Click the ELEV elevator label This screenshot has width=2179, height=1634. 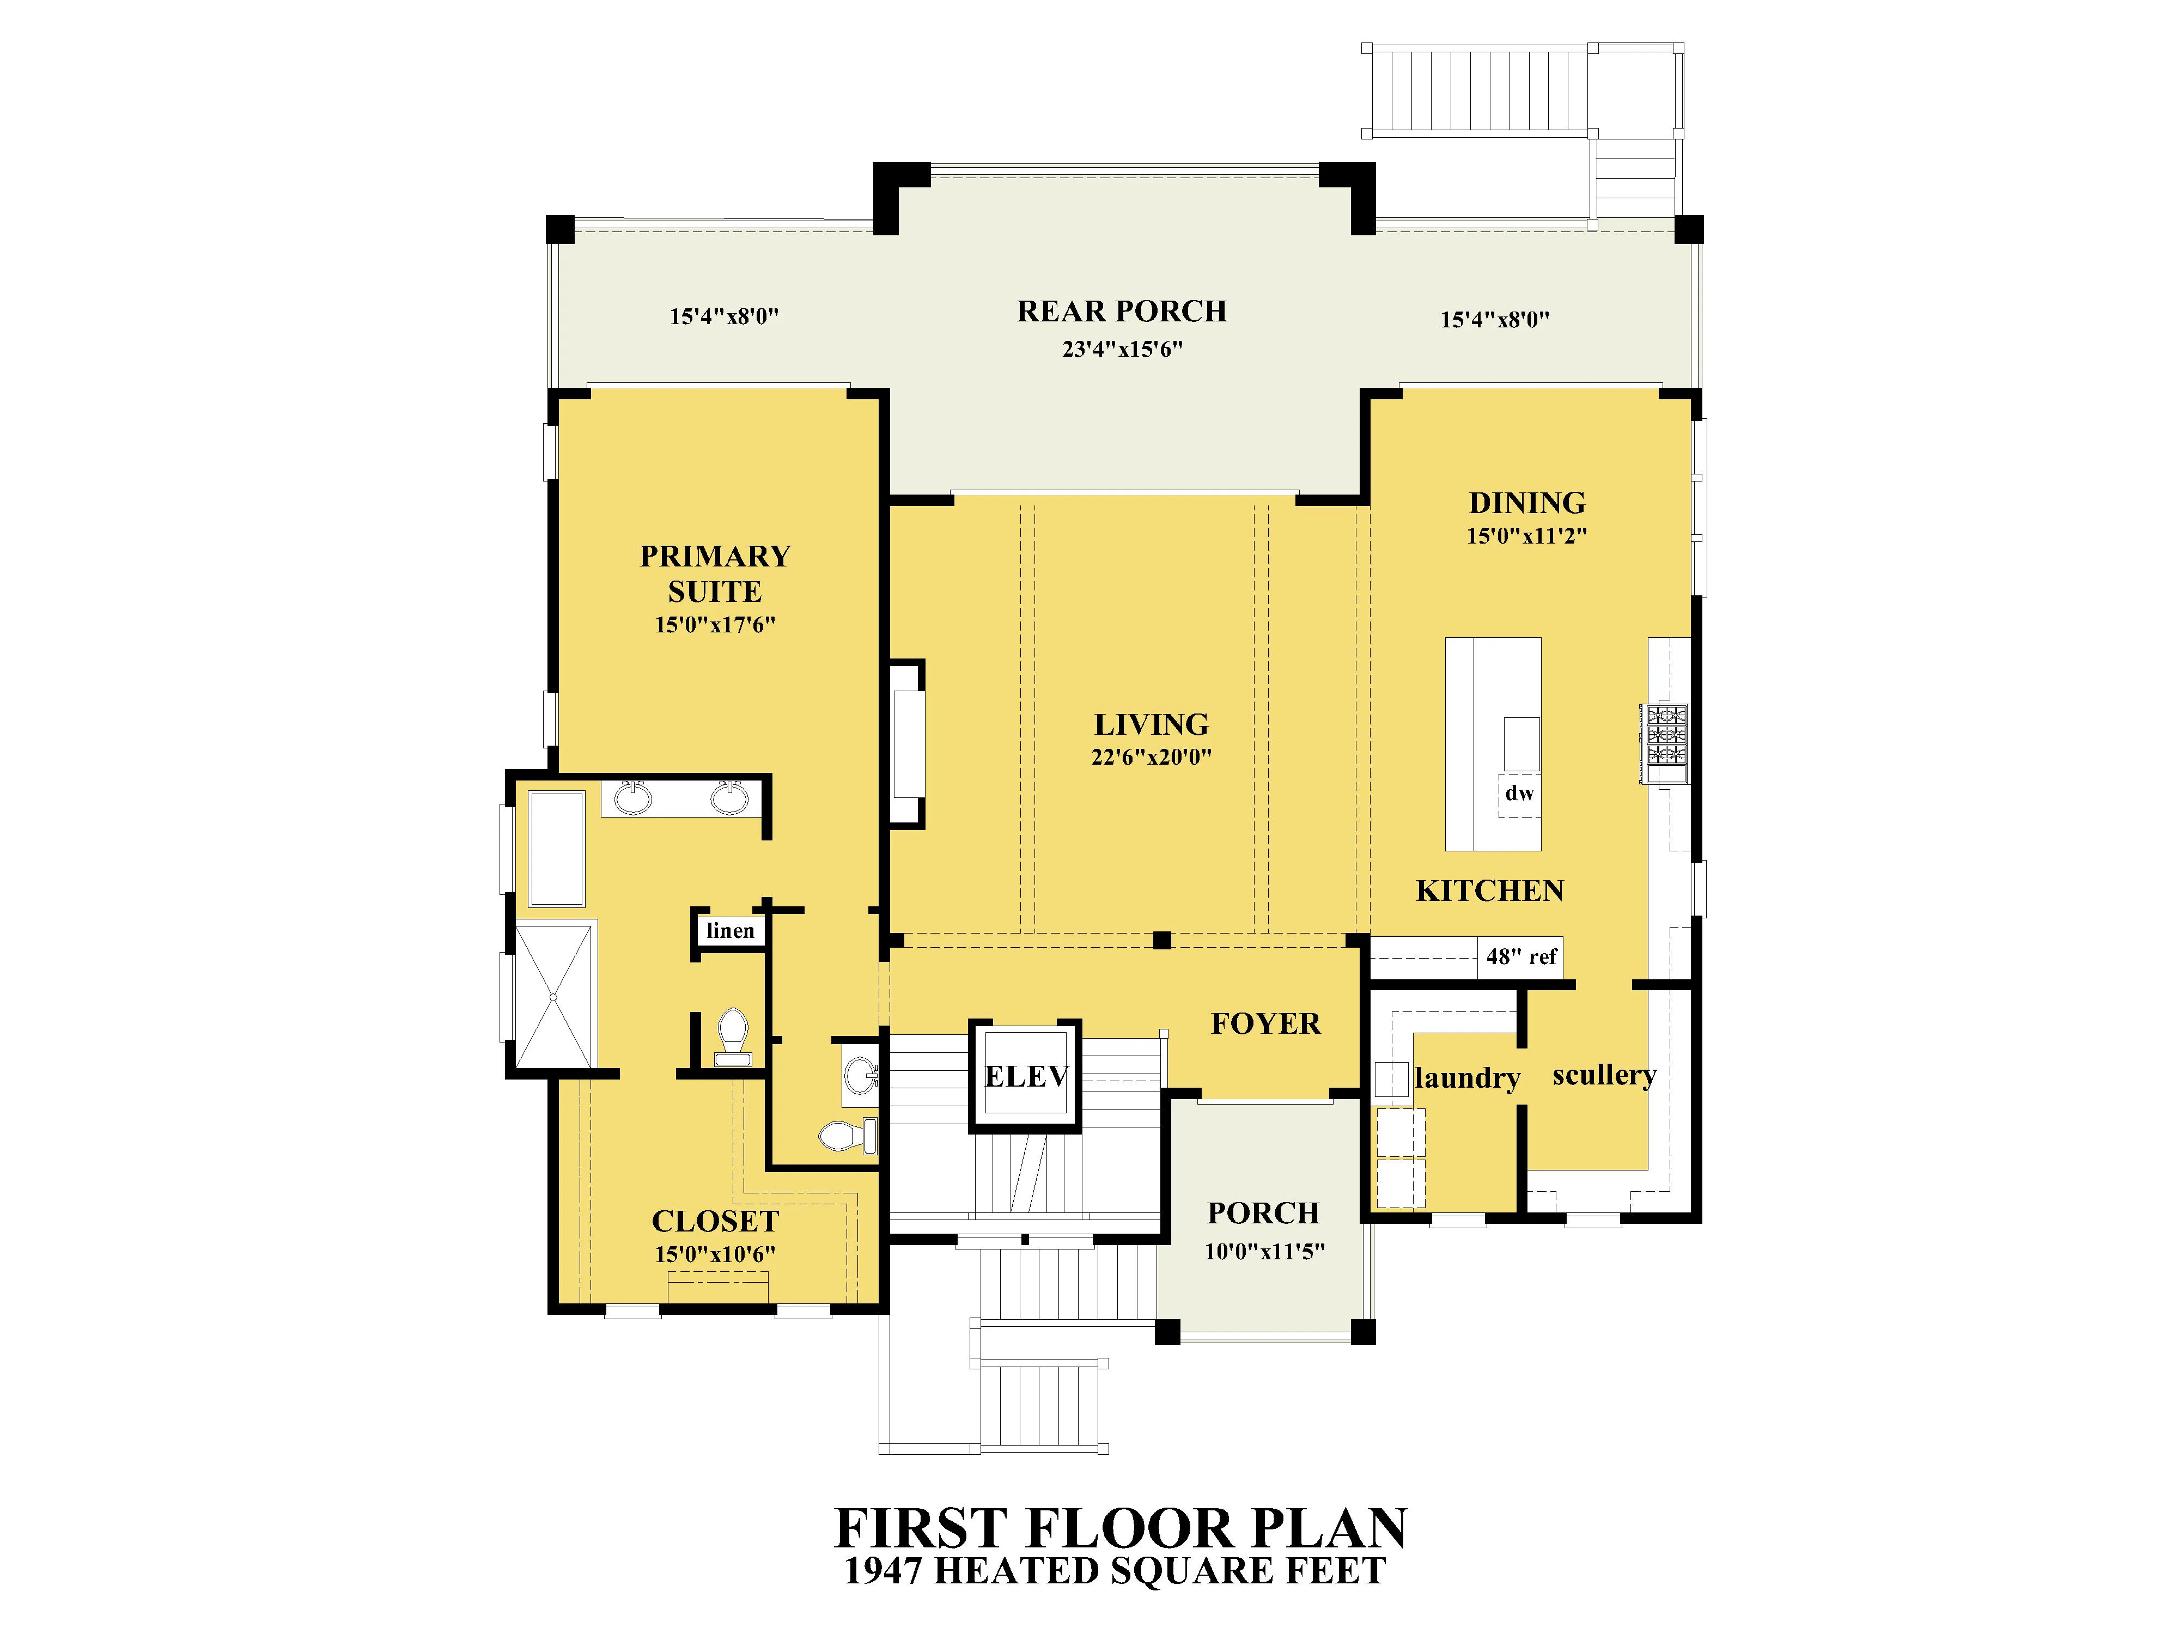tap(1026, 1076)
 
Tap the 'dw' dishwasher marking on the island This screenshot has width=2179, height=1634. tap(1519, 793)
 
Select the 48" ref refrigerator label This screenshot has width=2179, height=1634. tap(1522, 956)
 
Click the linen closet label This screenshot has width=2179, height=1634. tap(730, 931)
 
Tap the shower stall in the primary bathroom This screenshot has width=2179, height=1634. tap(555, 997)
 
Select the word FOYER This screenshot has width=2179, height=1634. tap(1266, 1025)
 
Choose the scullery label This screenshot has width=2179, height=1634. tap(1605, 1076)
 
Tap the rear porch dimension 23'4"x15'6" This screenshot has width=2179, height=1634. tap(1122, 350)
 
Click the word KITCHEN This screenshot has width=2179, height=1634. tap(1489, 892)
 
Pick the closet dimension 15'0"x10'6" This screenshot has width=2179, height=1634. tap(715, 1255)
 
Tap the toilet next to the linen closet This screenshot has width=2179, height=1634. tap(733, 1037)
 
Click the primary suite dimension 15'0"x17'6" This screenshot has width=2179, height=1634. tap(715, 625)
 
